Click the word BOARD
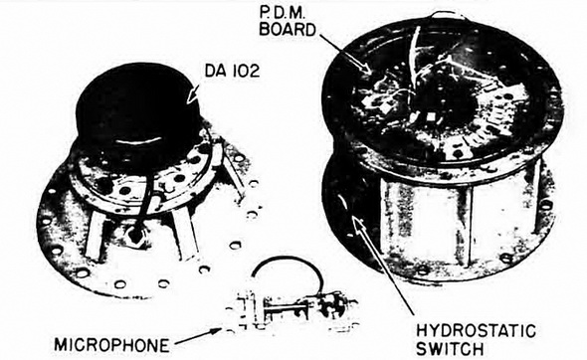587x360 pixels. [x=288, y=29]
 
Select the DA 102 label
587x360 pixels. [x=232, y=71]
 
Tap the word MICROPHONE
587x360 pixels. [x=111, y=345]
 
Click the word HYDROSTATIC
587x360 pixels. [x=476, y=331]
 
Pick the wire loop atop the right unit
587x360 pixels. [x=447, y=15]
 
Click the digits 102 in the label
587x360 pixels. [x=244, y=71]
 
